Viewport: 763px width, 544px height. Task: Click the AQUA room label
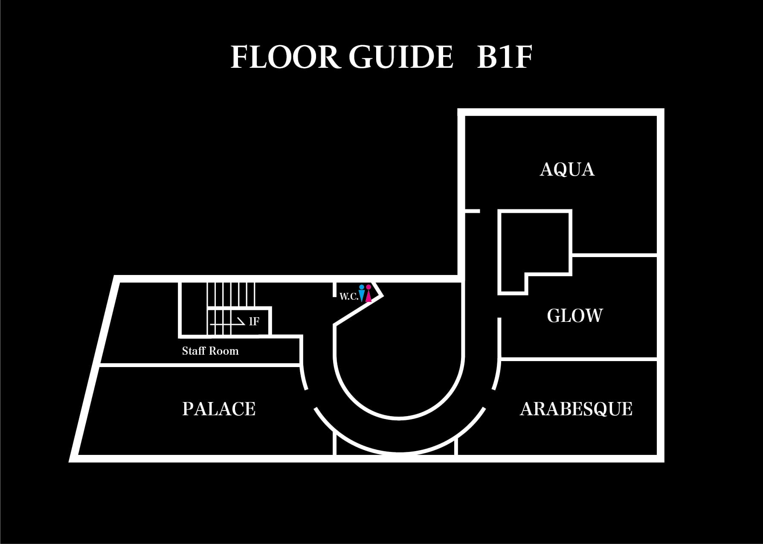(x=567, y=169)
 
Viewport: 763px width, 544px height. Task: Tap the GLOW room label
(x=574, y=316)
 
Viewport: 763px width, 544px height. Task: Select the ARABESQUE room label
(x=576, y=409)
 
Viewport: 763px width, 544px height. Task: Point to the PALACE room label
(x=219, y=409)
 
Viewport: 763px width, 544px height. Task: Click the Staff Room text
(x=210, y=351)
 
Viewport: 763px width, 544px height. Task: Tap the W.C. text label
(x=348, y=297)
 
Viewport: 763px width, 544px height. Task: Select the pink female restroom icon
(x=368, y=293)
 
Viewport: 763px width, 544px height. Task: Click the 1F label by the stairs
(x=254, y=321)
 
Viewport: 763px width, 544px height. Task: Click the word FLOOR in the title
(x=285, y=57)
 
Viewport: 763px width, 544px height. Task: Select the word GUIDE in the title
(x=400, y=57)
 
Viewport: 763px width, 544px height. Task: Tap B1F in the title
(x=505, y=57)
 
